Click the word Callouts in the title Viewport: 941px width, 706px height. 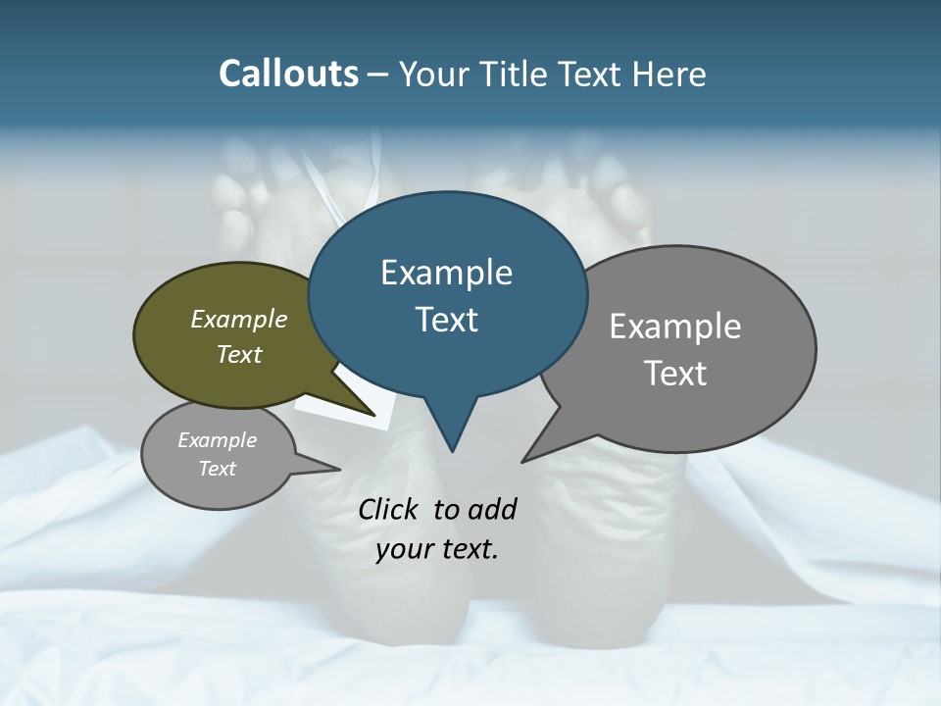pyautogui.click(x=288, y=75)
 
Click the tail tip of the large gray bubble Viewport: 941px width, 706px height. pyautogui.click(x=523, y=460)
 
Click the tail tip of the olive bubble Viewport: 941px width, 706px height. pyautogui.click(x=375, y=416)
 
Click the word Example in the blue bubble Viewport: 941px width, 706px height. pyautogui.click(x=446, y=273)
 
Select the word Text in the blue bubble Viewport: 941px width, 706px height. pyautogui.click(x=446, y=320)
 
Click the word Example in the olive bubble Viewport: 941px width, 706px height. pyautogui.click(x=239, y=320)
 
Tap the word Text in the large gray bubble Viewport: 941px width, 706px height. pyautogui.click(x=675, y=374)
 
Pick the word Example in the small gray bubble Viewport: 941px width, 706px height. pyautogui.click(x=218, y=440)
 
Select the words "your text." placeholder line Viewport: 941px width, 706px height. pyautogui.click(x=437, y=550)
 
